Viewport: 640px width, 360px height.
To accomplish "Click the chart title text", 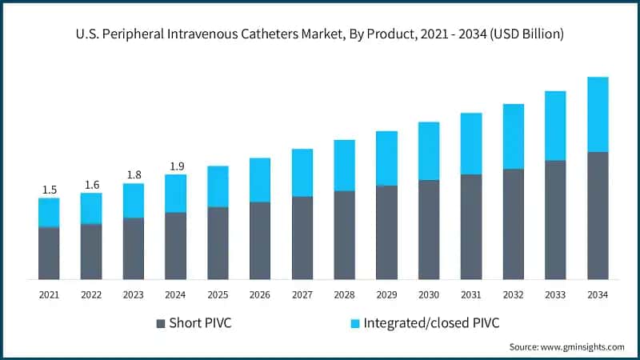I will tap(320, 34).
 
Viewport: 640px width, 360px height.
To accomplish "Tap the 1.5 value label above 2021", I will tap(50, 190).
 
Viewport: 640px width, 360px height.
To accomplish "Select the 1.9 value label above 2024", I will tap(176, 166).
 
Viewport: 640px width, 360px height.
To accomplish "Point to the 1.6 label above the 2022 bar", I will tap(91, 185).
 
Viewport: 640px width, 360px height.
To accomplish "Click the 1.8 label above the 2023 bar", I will tap(134, 175).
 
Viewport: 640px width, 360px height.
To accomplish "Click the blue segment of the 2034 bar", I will tap(598, 114).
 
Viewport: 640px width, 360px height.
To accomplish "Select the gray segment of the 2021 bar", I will tap(50, 253).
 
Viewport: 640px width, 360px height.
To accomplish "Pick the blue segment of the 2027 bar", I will tap(302, 173).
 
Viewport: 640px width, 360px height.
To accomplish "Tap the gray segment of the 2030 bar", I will tap(429, 230).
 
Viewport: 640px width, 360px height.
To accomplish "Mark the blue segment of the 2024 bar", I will tap(176, 194).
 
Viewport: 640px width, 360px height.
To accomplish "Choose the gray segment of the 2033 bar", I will tap(555, 219).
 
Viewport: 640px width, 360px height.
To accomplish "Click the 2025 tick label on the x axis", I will tap(218, 295).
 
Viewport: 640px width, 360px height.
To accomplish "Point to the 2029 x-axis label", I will tap(386, 295).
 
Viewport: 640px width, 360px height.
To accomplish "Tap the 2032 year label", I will tap(513, 295).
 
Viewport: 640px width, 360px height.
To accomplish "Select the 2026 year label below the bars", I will tap(260, 295).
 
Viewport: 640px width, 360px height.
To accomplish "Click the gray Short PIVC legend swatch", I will tap(161, 324).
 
